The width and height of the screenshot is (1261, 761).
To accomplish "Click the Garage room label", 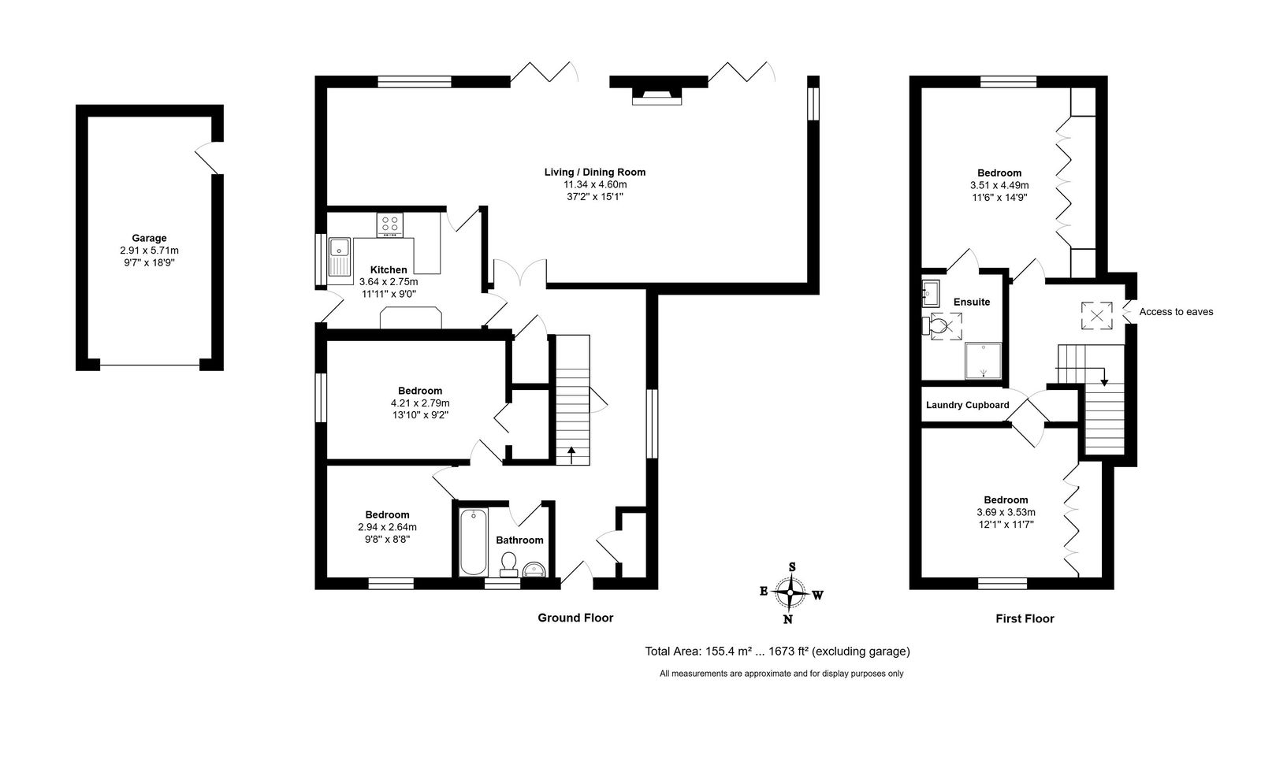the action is click(149, 238).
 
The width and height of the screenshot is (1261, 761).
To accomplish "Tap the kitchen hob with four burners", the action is click(389, 225).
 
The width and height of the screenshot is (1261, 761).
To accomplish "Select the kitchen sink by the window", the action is click(340, 258).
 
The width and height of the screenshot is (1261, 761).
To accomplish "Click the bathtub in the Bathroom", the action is click(473, 542).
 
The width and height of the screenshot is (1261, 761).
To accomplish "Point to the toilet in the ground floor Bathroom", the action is click(509, 564).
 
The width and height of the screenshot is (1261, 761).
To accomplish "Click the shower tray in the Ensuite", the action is click(984, 360).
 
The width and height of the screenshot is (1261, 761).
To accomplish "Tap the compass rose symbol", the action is click(790, 593).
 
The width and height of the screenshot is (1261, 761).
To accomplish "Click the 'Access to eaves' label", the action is click(1176, 312).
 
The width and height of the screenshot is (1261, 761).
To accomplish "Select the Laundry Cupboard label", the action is click(968, 405).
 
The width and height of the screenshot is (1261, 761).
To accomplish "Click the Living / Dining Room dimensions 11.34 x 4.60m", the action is click(595, 184).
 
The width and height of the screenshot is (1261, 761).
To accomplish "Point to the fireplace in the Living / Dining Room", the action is click(657, 96).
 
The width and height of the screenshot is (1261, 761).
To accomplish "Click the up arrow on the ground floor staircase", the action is click(571, 455).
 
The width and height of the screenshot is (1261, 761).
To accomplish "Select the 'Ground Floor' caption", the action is click(575, 618).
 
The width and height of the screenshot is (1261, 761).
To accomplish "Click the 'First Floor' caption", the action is click(1025, 618).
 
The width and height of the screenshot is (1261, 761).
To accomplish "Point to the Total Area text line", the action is click(777, 651).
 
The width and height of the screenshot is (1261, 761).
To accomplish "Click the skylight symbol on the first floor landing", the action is click(1096, 316).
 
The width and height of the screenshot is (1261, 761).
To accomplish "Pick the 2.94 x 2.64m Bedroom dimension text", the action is click(387, 527).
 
